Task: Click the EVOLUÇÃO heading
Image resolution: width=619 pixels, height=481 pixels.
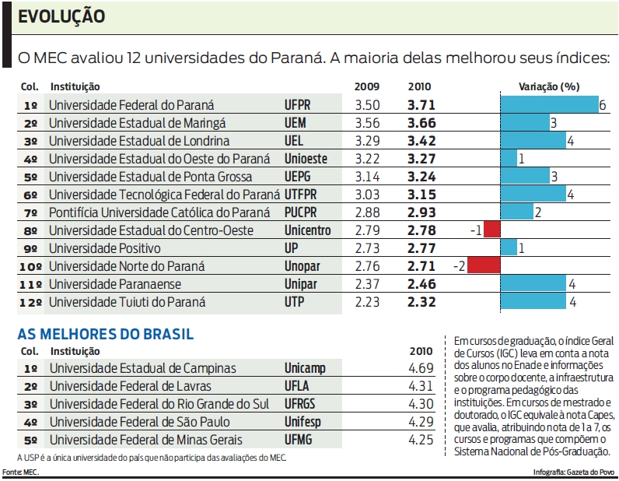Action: point(61,16)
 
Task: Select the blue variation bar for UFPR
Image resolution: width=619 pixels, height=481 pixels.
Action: point(548,105)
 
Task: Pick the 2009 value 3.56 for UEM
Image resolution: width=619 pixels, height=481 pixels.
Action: point(367,123)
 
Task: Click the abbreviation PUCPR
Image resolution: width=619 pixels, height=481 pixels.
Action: point(307,212)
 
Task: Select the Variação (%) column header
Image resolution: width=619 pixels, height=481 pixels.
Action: point(550,87)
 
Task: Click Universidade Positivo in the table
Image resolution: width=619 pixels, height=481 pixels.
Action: point(105,248)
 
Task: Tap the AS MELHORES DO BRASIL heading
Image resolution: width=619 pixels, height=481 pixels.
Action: point(106,334)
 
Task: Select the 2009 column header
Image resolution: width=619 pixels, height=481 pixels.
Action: point(366,87)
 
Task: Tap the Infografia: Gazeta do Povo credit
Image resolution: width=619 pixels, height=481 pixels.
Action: point(574,472)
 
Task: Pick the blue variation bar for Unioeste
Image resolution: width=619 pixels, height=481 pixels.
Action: point(509,159)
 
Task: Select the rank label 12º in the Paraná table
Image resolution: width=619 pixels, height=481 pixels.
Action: point(31,302)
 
